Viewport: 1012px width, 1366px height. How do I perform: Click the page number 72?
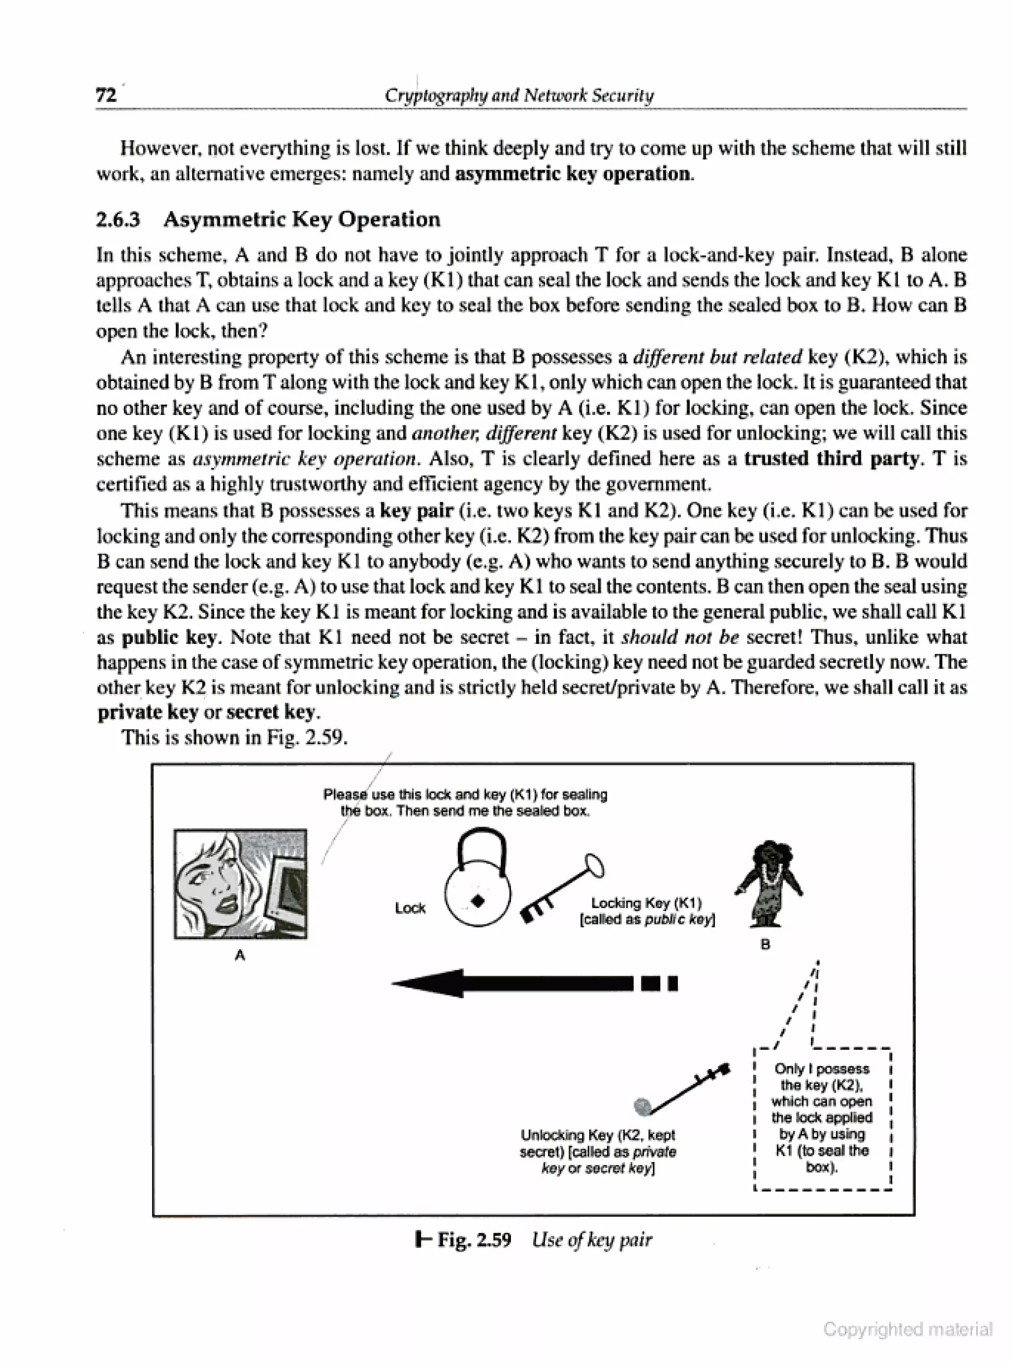coord(105,95)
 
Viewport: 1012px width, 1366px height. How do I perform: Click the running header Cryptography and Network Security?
coord(519,95)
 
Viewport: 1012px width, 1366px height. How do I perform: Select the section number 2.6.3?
coord(118,219)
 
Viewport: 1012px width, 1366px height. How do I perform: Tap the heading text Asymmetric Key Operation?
coord(301,219)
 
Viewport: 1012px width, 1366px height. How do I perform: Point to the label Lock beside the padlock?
coord(410,908)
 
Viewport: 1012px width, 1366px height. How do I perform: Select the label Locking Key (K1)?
coord(646,903)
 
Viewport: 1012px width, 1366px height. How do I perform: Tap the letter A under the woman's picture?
coord(240,955)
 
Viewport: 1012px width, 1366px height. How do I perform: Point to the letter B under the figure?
coord(765,945)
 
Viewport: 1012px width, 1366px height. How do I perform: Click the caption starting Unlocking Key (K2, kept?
coord(598,1152)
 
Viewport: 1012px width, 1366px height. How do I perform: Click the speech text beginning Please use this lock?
coord(465,803)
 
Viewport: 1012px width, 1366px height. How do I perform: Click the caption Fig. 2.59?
coord(473,1240)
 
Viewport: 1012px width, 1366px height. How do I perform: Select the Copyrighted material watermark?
coord(907,1329)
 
